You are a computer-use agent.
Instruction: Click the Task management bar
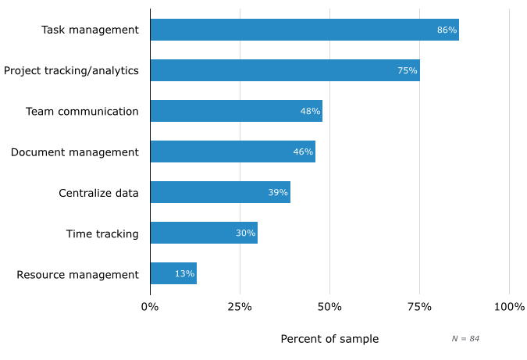click(x=304, y=30)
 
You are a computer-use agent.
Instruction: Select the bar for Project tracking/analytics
click(x=285, y=70)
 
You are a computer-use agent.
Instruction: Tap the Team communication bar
click(x=236, y=111)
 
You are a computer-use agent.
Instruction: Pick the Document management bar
click(x=233, y=151)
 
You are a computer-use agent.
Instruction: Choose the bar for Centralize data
click(x=220, y=192)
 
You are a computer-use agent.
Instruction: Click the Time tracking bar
click(x=204, y=233)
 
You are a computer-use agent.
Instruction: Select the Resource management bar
click(x=173, y=273)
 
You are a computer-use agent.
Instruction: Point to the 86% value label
click(x=447, y=30)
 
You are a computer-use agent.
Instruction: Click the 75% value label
click(x=407, y=70)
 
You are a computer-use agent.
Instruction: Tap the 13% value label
click(x=184, y=273)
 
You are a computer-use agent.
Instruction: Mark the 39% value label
click(x=278, y=192)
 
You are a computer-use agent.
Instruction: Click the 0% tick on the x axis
click(x=150, y=307)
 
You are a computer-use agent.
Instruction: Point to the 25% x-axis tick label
click(x=240, y=307)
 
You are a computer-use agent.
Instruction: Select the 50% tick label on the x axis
click(x=329, y=307)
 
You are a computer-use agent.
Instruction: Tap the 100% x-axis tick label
click(x=509, y=307)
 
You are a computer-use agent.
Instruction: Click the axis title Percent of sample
click(x=329, y=339)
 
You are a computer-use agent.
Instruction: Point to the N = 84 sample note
click(x=465, y=338)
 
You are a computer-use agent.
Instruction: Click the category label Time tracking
click(x=102, y=233)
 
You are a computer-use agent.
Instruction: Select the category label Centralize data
click(x=98, y=193)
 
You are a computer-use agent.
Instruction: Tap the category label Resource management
click(x=77, y=274)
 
